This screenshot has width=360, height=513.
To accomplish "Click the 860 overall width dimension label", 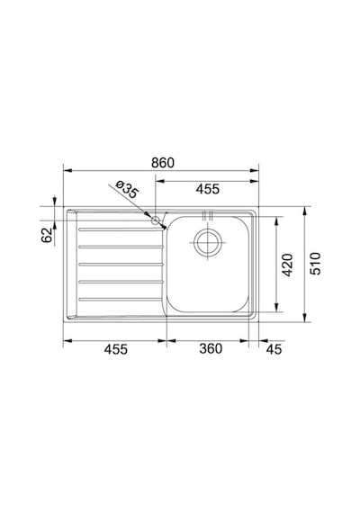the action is pyautogui.click(x=163, y=163).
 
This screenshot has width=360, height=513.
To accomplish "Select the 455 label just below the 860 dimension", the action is pyautogui.click(x=208, y=189).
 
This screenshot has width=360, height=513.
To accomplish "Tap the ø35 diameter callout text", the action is pyautogui.click(x=127, y=189).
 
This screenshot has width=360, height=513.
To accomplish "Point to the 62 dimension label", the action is pyautogui.click(x=47, y=235).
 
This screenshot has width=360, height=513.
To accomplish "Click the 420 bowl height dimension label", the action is pyautogui.click(x=288, y=265).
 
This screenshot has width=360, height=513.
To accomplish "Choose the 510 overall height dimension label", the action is pyautogui.click(x=316, y=264).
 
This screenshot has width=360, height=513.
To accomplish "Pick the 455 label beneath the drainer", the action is pyautogui.click(x=115, y=349).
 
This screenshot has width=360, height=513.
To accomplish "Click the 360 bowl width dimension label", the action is pyautogui.click(x=211, y=348).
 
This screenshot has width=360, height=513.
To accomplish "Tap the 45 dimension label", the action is pyautogui.click(x=274, y=349).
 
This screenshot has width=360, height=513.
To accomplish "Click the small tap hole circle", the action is pyautogui.click(x=155, y=220).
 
